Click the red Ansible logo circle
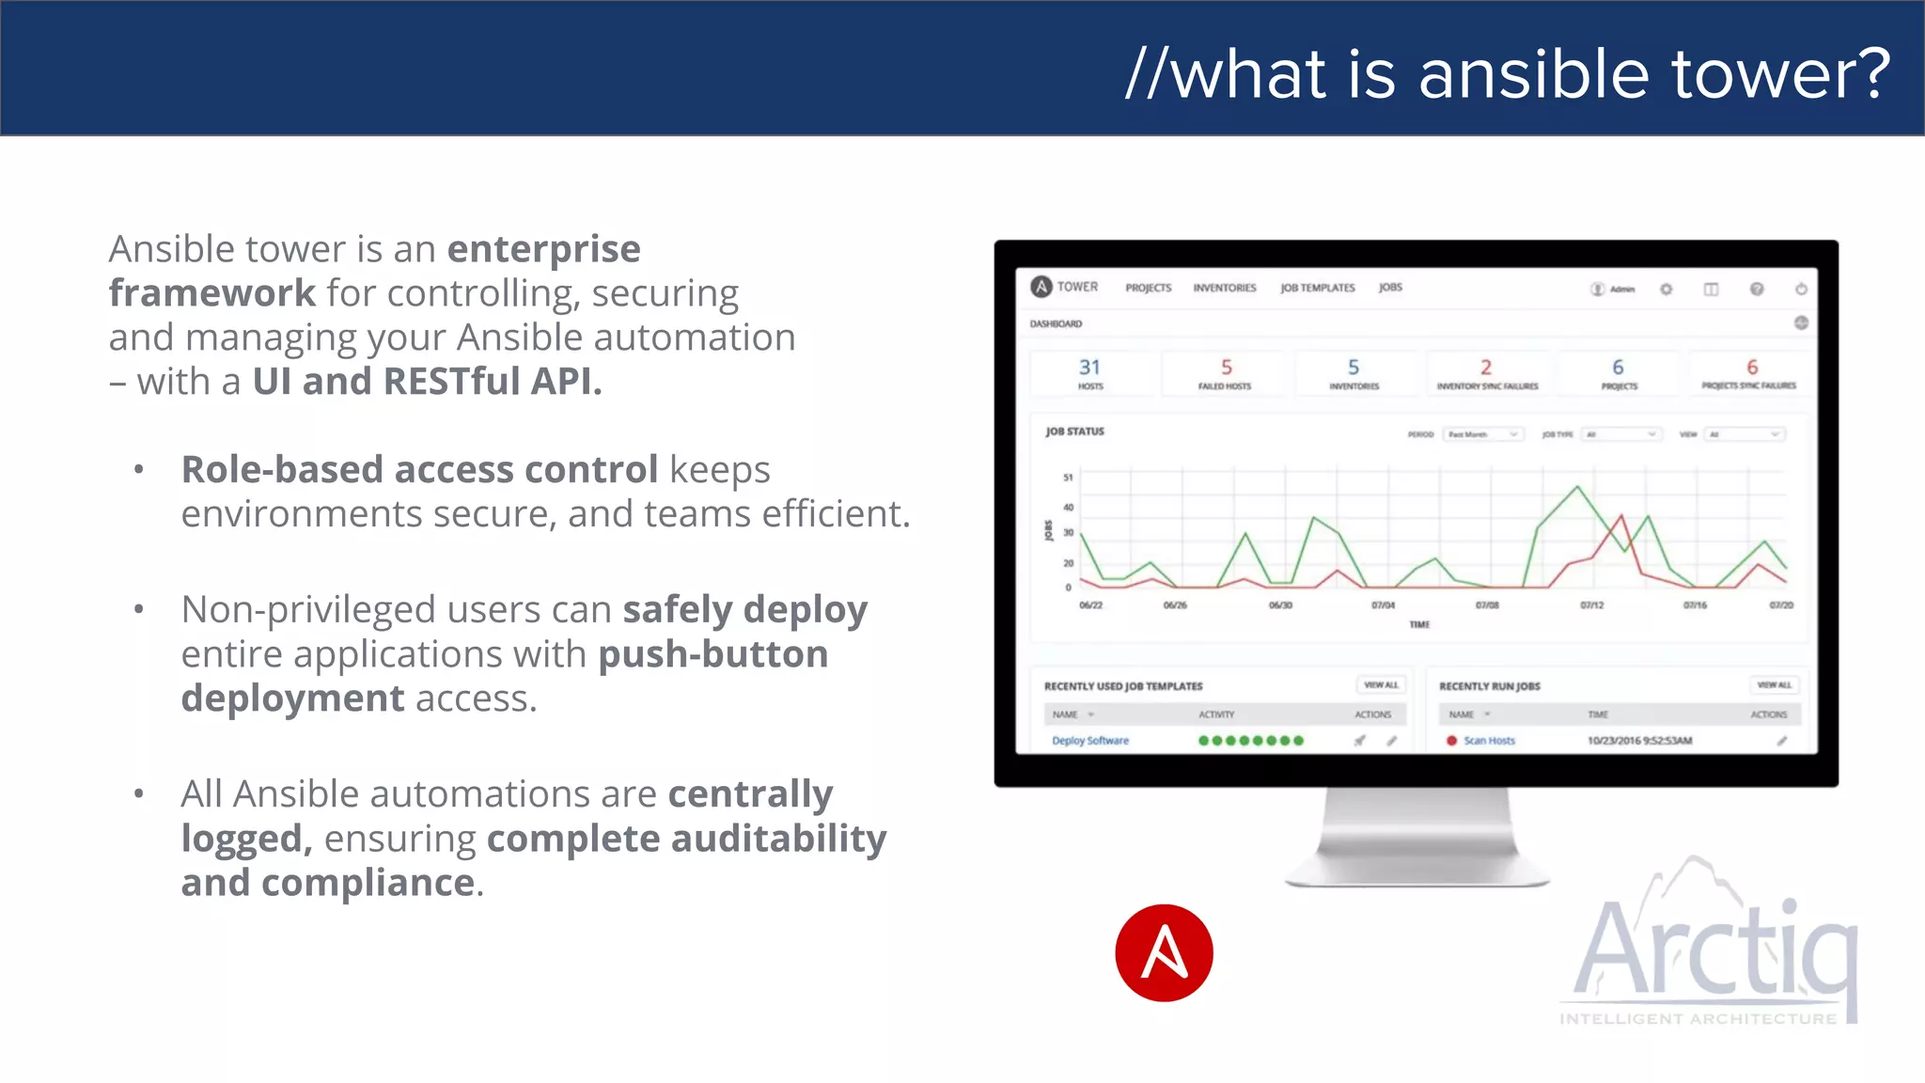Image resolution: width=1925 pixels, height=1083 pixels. (x=1164, y=952)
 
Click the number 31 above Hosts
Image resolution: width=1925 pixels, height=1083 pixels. (x=1089, y=368)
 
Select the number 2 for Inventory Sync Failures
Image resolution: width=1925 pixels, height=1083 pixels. (x=1486, y=368)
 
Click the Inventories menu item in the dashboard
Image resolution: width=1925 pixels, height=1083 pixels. (x=1224, y=288)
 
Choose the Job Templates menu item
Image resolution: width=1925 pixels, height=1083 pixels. (x=1317, y=288)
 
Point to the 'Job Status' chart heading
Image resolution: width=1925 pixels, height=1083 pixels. (x=1074, y=432)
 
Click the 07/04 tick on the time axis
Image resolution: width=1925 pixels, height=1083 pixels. (x=1383, y=605)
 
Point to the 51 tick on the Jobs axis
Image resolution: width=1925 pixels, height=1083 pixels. (x=1068, y=478)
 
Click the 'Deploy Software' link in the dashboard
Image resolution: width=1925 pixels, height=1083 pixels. (x=1090, y=741)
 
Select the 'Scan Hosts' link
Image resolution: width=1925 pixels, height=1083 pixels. (x=1489, y=741)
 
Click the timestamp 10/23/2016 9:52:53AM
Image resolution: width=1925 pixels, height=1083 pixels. (x=1639, y=741)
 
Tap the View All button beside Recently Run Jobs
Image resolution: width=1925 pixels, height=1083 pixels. (x=1774, y=685)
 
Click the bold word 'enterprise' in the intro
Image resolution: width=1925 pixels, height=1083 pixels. (x=543, y=249)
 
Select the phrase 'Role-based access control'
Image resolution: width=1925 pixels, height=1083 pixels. (x=419, y=469)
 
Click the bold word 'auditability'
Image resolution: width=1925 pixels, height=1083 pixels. (x=780, y=838)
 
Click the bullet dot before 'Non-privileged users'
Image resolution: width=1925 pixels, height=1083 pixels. (x=139, y=610)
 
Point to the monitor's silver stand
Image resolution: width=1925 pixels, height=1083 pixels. (x=1416, y=837)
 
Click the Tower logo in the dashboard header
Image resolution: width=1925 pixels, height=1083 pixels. (x=1041, y=287)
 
